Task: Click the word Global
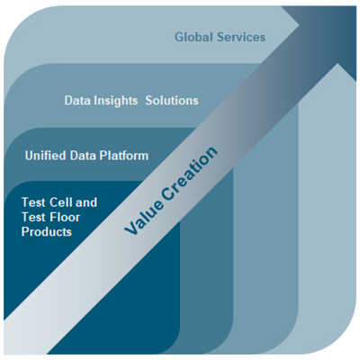click(193, 37)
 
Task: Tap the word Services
click(241, 37)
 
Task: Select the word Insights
click(115, 101)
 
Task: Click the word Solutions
click(172, 100)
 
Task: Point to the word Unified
click(45, 156)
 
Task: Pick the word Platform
click(124, 156)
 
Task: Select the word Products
click(47, 231)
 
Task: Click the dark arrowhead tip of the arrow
click(356, 6)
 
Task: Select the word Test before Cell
click(33, 202)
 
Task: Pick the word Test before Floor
click(33, 217)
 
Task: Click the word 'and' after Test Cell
click(86, 202)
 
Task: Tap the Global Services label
click(220, 37)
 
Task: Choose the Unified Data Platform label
click(86, 156)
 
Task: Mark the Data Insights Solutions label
click(131, 101)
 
